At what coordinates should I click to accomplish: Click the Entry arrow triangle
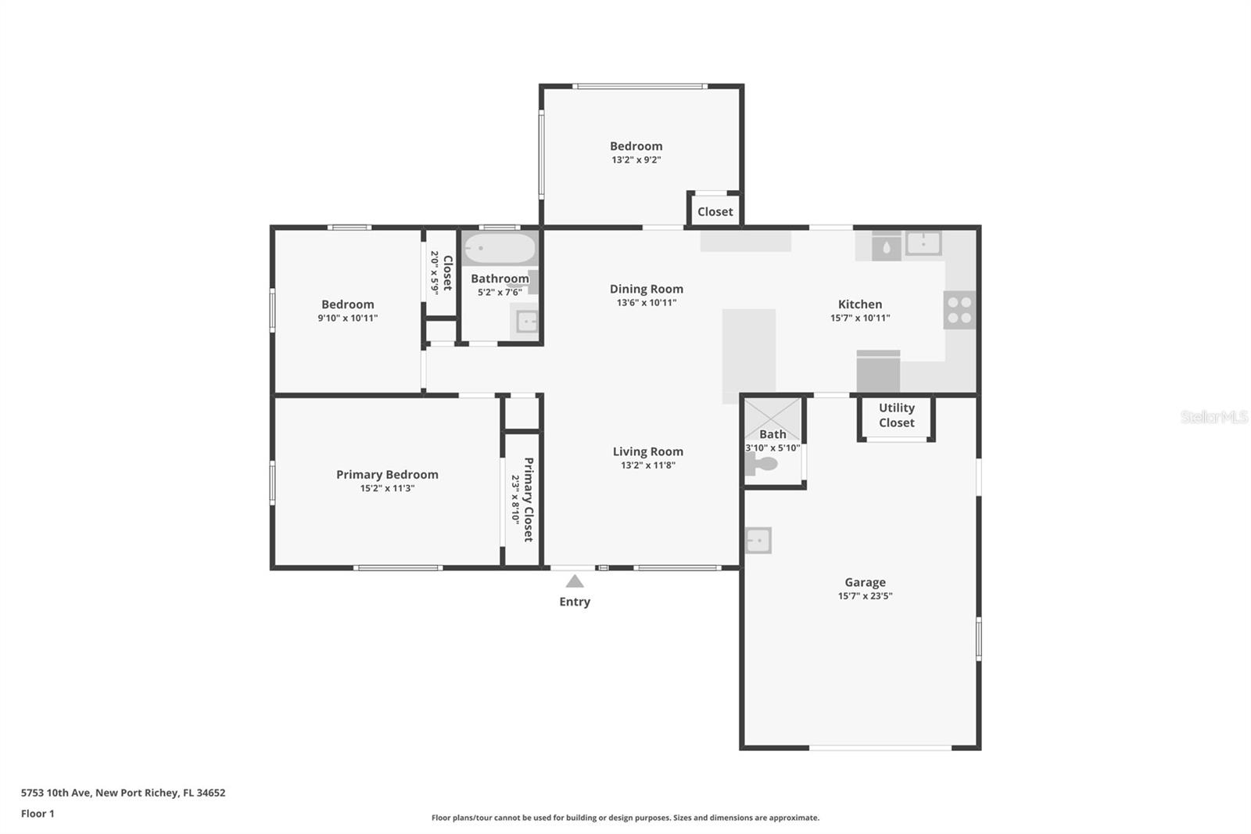[575, 581]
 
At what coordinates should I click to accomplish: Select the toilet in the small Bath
[762, 465]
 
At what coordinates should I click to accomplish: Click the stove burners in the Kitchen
[959, 310]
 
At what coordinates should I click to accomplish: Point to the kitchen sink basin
[923, 243]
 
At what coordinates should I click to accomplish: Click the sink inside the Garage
[758, 541]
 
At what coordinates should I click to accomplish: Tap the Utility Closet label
[896, 415]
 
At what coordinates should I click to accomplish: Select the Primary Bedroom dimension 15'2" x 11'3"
[387, 488]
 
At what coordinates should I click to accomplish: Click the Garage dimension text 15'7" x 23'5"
[865, 596]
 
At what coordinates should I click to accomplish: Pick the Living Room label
[647, 451]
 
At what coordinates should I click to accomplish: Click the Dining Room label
[646, 289]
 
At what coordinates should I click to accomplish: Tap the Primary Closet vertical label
[528, 499]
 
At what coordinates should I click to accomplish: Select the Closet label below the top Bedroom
[715, 212]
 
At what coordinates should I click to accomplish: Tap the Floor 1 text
[38, 814]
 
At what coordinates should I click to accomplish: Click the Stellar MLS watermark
[1213, 417]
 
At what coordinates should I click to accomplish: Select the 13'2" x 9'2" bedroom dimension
[636, 160]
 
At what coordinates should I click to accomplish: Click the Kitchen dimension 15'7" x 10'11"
[860, 318]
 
